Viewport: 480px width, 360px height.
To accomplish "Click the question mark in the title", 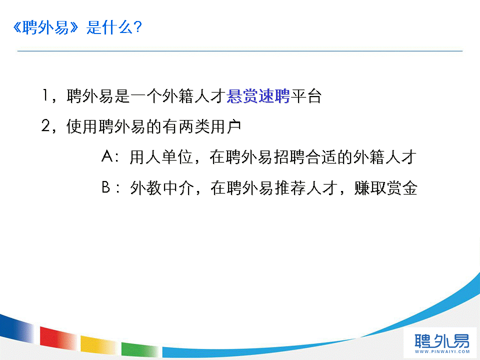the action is pos(137,27).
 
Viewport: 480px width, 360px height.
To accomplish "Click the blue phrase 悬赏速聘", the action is pos(258,96).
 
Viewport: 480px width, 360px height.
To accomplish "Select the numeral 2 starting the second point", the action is pos(46,125).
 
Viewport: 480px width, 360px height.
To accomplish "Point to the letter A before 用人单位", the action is pos(107,156).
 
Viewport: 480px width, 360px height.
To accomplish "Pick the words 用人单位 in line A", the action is pos(161,157).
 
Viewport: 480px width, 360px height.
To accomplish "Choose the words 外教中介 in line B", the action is pos(162,188).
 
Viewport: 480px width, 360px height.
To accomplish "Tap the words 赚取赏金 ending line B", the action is pos(385,188).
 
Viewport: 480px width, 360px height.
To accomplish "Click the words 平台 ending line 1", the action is pos(306,96).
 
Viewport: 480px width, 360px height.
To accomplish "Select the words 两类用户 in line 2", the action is pos(209,126).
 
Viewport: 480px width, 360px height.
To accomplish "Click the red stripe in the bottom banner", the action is pos(58,338).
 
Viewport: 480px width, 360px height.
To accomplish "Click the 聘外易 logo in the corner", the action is pos(441,340).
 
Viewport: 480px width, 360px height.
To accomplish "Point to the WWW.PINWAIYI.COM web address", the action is pos(442,351).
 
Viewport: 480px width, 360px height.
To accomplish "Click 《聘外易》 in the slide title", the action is pos(46,27).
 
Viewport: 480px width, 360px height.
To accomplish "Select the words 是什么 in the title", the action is pos(109,27).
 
